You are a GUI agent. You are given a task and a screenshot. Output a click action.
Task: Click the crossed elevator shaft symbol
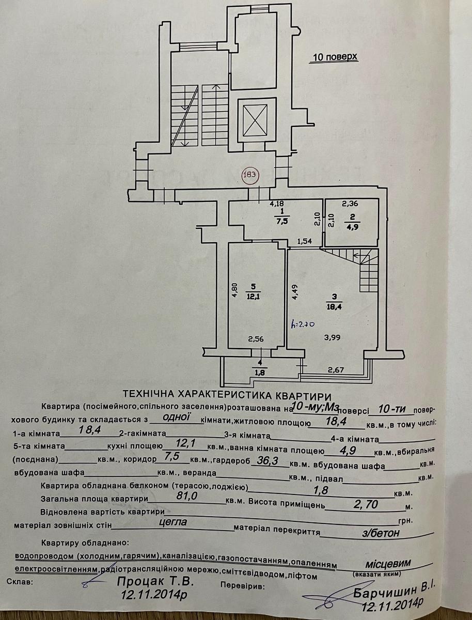tap(254, 120)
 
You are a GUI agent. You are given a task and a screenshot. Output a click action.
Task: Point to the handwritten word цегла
tap(173, 522)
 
